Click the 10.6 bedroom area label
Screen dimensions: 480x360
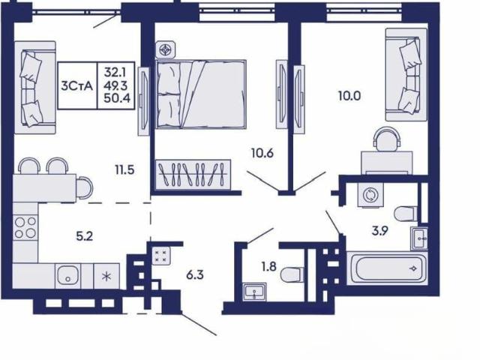(x=262, y=153)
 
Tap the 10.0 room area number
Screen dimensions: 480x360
(x=349, y=96)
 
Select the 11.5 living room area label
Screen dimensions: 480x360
(x=124, y=169)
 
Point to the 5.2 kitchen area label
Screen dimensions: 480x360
(x=85, y=236)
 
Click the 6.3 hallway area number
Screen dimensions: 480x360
(x=195, y=275)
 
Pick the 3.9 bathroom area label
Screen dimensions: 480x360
(x=380, y=230)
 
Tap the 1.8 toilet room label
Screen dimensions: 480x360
(x=269, y=267)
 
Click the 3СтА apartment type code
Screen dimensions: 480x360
(x=77, y=86)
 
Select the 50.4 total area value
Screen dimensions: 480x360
(x=117, y=98)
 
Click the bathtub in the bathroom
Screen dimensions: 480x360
(x=388, y=268)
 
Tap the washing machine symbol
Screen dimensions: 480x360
(x=370, y=195)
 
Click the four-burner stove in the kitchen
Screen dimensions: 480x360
(x=25, y=227)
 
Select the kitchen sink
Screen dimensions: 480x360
(x=67, y=276)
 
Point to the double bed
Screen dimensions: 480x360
(x=201, y=94)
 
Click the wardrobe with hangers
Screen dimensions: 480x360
(x=193, y=175)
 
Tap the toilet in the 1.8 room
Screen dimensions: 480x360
(x=292, y=274)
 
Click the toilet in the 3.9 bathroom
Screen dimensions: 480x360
(x=406, y=213)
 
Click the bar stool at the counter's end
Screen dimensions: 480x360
(x=84, y=188)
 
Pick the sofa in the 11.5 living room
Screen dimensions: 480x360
(x=35, y=88)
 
